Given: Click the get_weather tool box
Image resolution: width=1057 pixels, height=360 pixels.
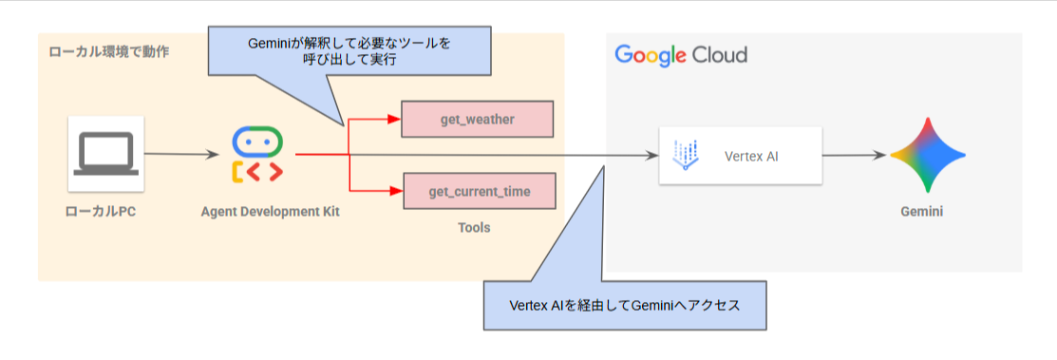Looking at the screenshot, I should (x=478, y=119).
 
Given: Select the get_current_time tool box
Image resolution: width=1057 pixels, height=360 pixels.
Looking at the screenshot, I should (x=479, y=192).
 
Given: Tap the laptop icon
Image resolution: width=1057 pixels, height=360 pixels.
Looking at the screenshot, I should (x=106, y=154).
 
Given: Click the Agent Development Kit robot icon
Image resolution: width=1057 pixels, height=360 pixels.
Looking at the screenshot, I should (x=257, y=155).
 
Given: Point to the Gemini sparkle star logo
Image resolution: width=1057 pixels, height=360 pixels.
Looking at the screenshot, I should (x=927, y=155).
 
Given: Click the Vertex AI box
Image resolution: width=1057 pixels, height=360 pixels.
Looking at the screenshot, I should (x=740, y=156).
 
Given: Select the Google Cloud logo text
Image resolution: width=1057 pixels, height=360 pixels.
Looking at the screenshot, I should (x=681, y=55).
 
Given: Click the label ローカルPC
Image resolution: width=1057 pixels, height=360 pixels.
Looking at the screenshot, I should (x=105, y=212).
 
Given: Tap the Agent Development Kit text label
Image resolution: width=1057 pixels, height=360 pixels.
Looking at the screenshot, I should (x=270, y=212).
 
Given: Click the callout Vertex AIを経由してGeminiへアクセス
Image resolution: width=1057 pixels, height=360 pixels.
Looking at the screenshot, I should (x=624, y=305).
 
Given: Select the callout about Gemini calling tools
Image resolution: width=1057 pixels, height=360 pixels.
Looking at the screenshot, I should (x=349, y=50).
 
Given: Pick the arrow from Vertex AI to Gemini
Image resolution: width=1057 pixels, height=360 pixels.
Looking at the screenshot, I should (x=856, y=155).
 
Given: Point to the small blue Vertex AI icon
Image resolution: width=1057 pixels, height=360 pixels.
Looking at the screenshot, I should (x=687, y=155).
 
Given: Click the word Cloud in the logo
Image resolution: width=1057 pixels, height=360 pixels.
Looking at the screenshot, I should (x=719, y=55).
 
